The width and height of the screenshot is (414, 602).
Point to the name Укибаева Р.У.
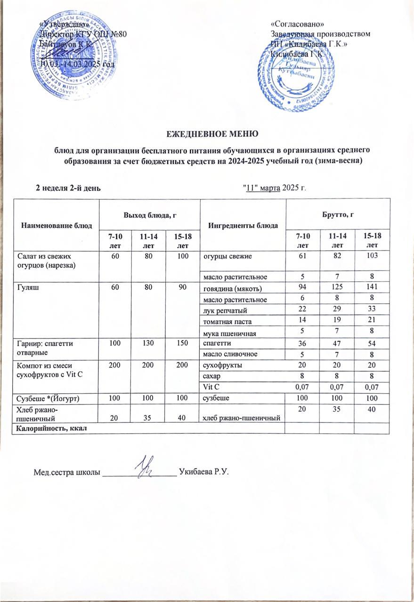(203, 472)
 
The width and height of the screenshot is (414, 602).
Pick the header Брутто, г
(338, 214)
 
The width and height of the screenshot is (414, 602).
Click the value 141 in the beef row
(372, 287)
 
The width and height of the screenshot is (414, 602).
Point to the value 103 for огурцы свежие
(372, 256)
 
